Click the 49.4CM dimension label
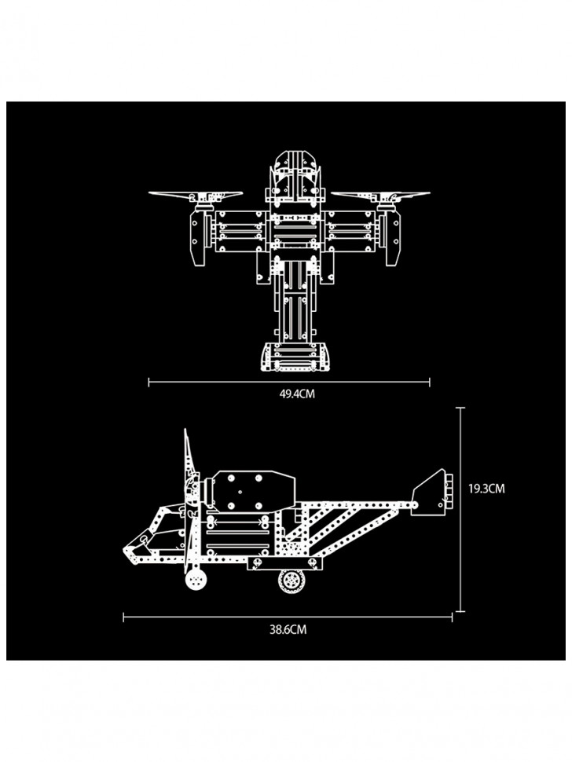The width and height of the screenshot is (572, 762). (297, 394)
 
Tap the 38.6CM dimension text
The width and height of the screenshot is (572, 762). (288, 629)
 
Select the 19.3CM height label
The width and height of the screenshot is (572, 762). (486, 489)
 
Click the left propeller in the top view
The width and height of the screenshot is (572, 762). (196, 195)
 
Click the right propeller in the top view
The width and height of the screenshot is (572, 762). (380, 196)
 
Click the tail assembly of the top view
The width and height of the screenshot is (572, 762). (295, 357)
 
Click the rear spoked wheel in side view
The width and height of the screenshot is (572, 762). (291, 581)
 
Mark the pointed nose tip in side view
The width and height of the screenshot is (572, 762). (124, 550)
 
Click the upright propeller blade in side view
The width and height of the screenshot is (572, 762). (189, 500)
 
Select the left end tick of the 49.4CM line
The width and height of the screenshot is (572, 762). (148, 383)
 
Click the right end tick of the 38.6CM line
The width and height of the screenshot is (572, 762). (452, 617)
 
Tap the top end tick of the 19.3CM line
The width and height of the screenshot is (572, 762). (460, 408)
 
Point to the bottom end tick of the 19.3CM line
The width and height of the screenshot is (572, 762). (460, 611)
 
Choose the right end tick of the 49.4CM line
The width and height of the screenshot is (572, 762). (430, 383)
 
